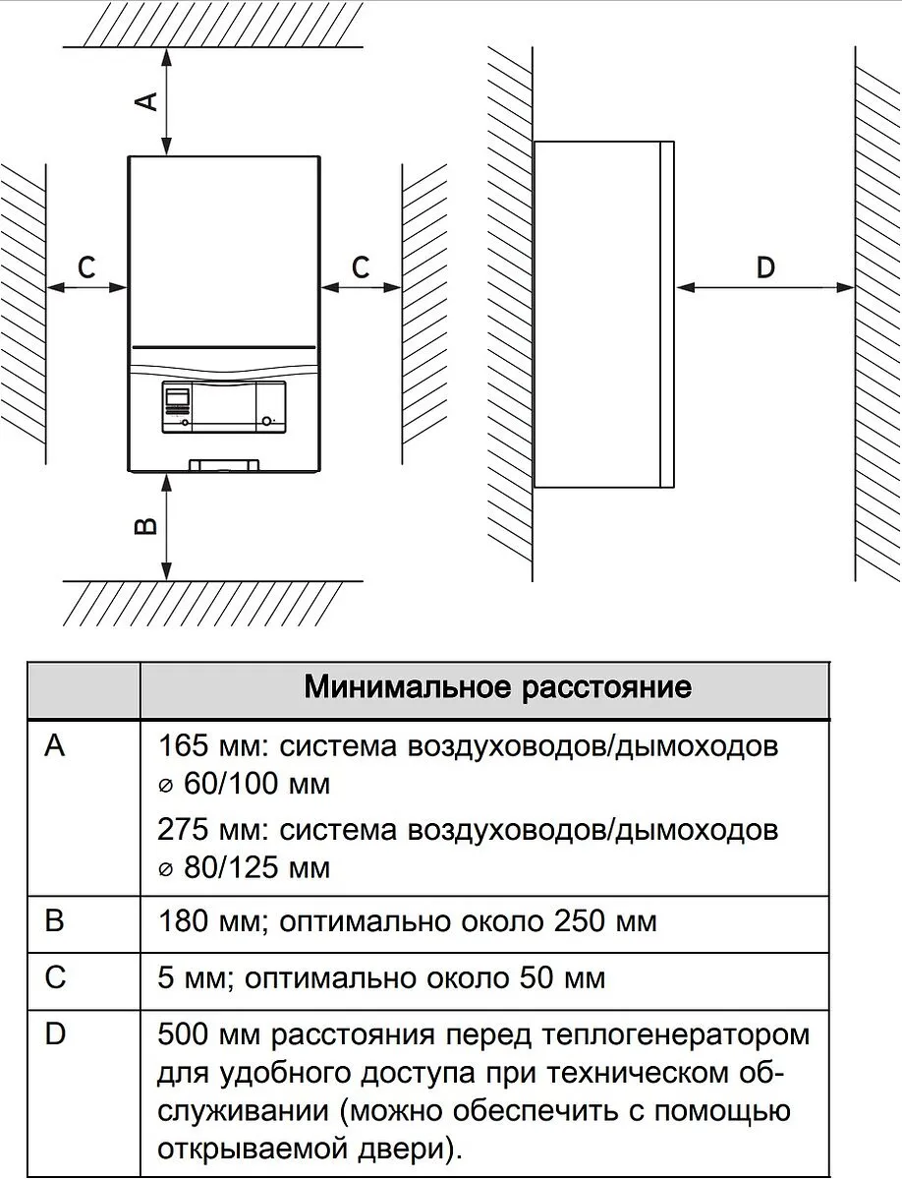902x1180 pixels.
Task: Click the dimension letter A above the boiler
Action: coord(146,101)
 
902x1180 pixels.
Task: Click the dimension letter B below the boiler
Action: coord(145,526)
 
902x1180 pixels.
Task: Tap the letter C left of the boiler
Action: coord(86,266)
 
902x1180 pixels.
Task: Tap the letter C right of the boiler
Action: coord(361,266)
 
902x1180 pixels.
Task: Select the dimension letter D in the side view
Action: coord(765,267)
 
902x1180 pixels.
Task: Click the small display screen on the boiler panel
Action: coord(177,397)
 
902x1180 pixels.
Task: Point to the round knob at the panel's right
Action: coord(266,422)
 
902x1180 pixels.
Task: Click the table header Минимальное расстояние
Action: coord(497,687)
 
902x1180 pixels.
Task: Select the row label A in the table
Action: coord(55,745)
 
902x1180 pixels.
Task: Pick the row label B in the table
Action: coord(55,919)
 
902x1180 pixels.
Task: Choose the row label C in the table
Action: coord(55,977)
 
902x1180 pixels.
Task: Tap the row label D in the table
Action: coord(55,1034)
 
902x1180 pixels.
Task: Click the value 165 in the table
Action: coord(183,745)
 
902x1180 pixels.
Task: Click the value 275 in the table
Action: coord(183,829)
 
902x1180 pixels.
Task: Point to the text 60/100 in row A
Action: coord(231,784)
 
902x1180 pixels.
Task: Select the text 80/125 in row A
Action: coord(231,867)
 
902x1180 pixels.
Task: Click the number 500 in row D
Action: coord(183,1034)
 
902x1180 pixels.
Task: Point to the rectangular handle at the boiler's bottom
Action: coord(225,465)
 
